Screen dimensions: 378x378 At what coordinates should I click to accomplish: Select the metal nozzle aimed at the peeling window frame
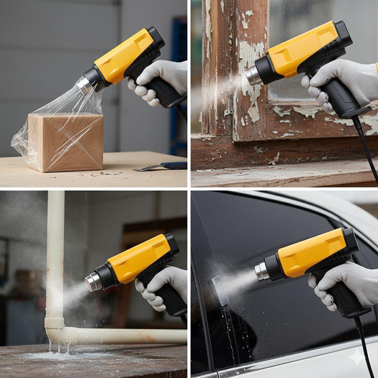click(252, 76)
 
